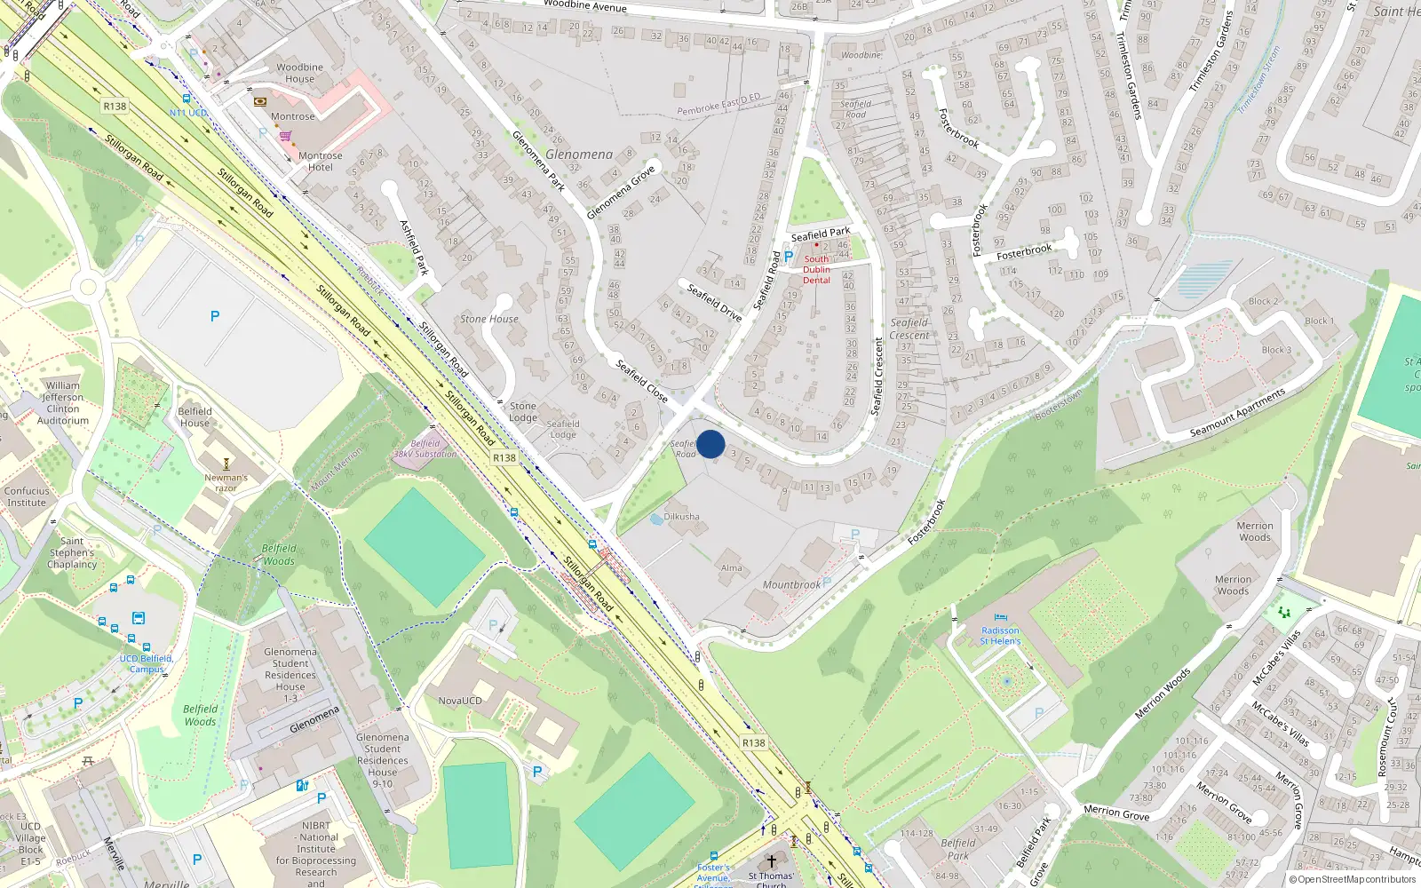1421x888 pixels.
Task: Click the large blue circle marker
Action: [x=710, y=444]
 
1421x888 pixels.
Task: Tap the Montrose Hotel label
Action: [x=321, y=162]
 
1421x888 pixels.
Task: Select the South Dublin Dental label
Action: [x=816, y=269]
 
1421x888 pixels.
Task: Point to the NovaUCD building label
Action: [x=460, y=701]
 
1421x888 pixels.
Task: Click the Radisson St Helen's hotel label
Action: [x=1000, y=636]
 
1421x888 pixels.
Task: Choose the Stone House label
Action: [x=489, y=319]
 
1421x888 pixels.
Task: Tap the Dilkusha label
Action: [x=682, y=517]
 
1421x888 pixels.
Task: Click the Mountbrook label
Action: [x=791, y=585]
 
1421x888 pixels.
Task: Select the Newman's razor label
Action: [x=226, y=482]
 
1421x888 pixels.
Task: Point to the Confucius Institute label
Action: [x=27, y=496]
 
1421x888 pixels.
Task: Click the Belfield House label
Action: [x=194, y=417]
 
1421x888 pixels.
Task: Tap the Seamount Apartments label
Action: [x=1237, y=413]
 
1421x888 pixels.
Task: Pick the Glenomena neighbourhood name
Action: [x=579, y=155]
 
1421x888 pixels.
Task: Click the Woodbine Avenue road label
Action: [x=584, y=5]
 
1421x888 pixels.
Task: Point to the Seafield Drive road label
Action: [x=714, y=303]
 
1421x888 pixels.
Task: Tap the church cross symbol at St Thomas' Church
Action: [x=771, y=861]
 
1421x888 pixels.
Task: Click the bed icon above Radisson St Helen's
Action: [x=1001, y=618]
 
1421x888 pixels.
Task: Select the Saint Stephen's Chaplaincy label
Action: [x=72, y=552]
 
